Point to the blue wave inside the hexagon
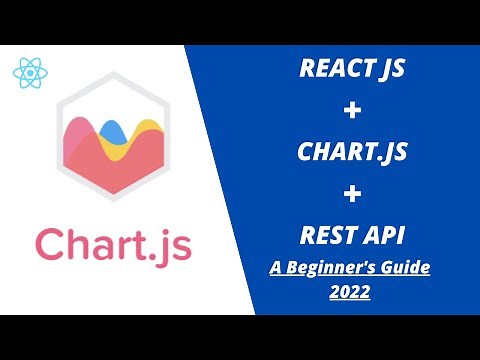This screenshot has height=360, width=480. coord(112,128)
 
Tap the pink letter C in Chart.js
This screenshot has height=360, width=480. coord(51,243)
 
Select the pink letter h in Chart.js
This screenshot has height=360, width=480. coord(81,241)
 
